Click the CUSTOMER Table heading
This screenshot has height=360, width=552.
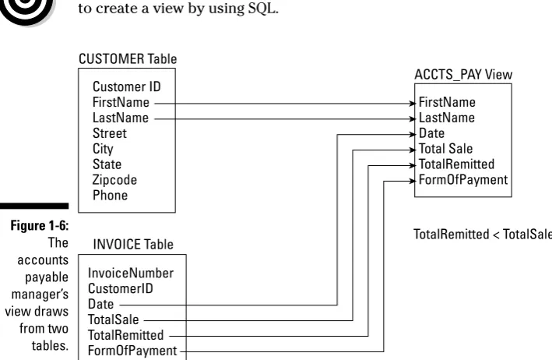128,58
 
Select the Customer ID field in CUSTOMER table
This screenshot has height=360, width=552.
127,86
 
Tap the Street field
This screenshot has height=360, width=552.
110,133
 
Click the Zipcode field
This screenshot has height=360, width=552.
114,180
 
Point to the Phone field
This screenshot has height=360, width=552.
111,195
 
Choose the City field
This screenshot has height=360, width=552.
103,149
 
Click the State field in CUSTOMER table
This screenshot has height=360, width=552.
107,164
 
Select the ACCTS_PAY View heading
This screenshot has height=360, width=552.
463,75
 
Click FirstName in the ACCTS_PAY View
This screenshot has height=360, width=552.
447,102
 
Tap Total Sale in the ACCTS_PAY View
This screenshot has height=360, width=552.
445,149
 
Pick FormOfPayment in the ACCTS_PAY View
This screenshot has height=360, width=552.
463,180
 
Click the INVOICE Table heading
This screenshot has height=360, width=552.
133,245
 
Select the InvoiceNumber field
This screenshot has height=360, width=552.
131,273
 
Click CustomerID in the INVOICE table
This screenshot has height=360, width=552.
121,288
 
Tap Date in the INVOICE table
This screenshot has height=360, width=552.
100,304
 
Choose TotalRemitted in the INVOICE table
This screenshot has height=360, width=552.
125,335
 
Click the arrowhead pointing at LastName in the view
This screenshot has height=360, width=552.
413,119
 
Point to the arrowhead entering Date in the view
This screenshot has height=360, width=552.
413,135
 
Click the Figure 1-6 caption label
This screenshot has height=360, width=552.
40,225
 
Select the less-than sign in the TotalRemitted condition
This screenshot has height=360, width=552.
496,235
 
